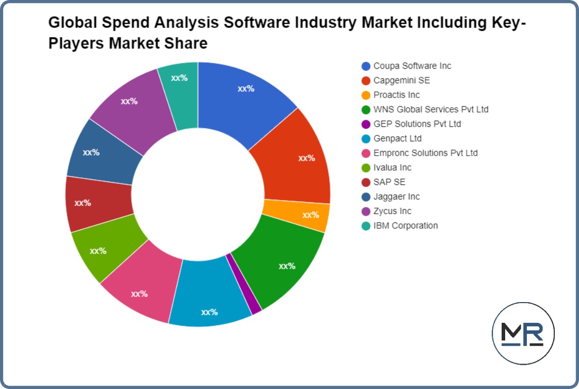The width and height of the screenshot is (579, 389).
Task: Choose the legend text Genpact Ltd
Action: click(397, 138)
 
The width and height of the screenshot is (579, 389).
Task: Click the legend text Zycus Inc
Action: click(392, 211)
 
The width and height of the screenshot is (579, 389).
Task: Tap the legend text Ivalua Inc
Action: click(392, 167)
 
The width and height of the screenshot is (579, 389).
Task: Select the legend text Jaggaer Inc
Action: click(396, 197)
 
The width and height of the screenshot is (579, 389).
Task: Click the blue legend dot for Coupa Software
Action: click(366, 66)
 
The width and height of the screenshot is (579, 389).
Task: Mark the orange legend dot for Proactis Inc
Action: click(366, 95)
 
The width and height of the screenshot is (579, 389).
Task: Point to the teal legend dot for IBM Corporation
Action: click(366, 226)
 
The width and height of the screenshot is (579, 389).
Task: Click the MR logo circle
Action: click(523, 333)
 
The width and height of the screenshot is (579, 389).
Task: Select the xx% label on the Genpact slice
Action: click(209, 312)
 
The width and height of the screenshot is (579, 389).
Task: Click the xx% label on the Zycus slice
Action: click(129, 101)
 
